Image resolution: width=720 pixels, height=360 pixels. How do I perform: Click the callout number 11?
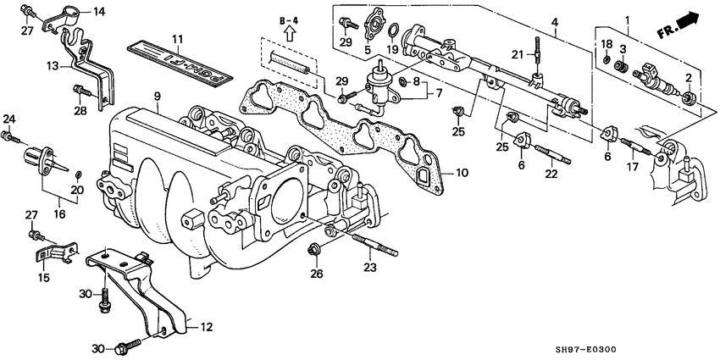click(177, 39)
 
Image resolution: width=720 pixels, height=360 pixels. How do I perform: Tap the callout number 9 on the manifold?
click(158, 97)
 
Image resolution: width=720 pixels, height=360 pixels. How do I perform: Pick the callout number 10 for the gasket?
click(461, 172)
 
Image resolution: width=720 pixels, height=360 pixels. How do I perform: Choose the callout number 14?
click(98, 11)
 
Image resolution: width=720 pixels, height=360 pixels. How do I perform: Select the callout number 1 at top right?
click(627, 19)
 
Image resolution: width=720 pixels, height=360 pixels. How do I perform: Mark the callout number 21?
click(517, 55)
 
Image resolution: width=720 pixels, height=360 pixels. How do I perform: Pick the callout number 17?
click(631, 167)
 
